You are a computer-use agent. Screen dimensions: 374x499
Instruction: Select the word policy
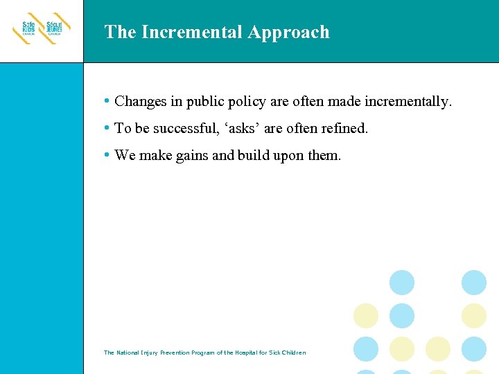[247, 102]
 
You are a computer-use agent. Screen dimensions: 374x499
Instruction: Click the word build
[255, 156]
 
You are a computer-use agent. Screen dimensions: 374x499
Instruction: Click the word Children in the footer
[292, 353]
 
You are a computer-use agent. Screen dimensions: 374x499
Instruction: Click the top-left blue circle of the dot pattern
[402, 283]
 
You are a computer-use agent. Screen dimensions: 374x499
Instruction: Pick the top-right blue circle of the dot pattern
[474, 283]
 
